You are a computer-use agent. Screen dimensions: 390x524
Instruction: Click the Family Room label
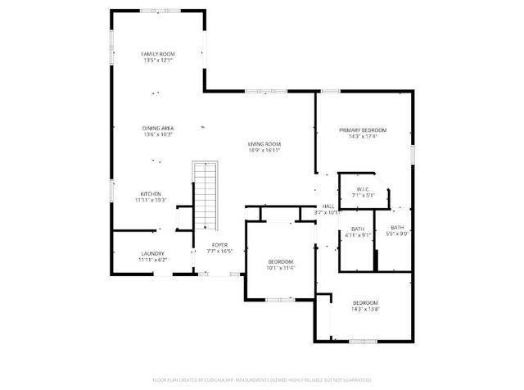tap(158, 54)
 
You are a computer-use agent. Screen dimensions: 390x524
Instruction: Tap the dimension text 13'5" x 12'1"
tap(158, 61)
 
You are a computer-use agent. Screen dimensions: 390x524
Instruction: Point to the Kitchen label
tap(150, 194)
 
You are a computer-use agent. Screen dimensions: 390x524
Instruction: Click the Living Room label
tap(264, 144)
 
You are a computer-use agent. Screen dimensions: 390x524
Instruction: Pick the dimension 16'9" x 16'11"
tap(264, 151)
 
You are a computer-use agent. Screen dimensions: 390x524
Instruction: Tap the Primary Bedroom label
tap(363, 130)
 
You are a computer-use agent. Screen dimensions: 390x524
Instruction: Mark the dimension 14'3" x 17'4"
tap(363, 137)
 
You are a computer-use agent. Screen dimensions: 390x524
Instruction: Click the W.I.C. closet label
tap(363, 189)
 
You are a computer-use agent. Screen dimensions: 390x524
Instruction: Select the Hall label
tap(327, 206)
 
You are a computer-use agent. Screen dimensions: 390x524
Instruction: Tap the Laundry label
tap(153, 254)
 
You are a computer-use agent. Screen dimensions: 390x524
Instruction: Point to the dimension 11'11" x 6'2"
tap(153, 261)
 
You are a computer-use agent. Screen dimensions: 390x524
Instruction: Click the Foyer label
tap(219, 245)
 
